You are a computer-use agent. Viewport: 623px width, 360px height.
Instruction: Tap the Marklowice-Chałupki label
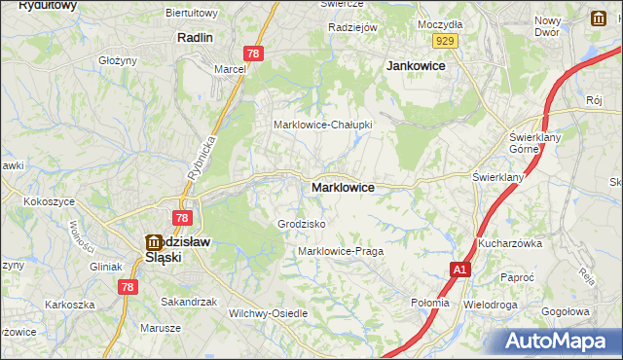click(322, 125)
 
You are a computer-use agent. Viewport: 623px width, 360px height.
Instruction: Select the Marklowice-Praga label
click(340, 251)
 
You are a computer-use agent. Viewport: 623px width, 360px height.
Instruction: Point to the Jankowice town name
click(416, 65)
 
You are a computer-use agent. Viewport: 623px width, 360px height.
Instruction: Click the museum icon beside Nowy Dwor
click(598, 18)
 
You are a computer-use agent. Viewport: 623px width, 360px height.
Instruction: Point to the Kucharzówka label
click(509, 243)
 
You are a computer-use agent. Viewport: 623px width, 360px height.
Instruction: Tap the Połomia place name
click(430, 303)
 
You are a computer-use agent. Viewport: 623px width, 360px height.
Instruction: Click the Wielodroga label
click(492, 304)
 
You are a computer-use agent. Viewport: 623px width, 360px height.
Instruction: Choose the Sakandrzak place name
click(189, 302)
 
